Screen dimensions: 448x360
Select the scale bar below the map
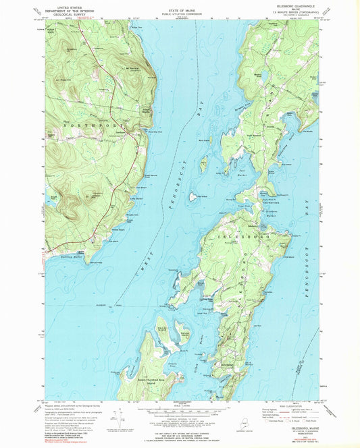pos(180,413)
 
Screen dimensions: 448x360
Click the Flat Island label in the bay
pos(192,197)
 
